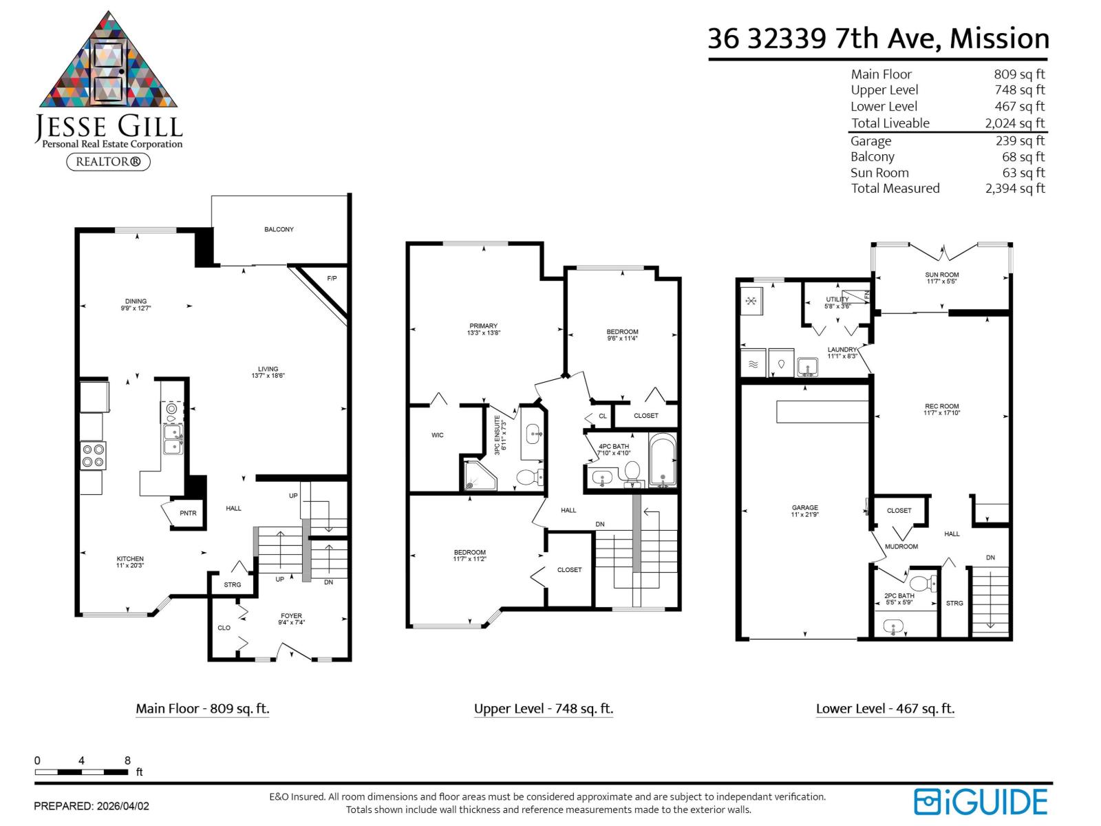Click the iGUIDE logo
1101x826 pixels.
[x=980, y=802]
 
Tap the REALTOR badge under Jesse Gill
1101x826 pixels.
[x=108, y=162]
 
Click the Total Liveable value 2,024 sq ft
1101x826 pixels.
[x=1014, y=123]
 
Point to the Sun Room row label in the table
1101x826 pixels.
[x=879, y=173]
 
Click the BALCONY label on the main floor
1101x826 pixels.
[x=279, y=229]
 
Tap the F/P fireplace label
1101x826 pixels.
[x=332, y=279]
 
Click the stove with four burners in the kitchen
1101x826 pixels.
[x=94, y=456]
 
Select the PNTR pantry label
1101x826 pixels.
[x=188, y=513]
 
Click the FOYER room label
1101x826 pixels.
[x=291, y=616]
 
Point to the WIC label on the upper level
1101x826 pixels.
[x=438, y=435]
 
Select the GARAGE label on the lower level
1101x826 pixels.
[x=804, y=508]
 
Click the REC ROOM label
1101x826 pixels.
[x=941, y=407]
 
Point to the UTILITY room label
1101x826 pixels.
[x=837, y=299]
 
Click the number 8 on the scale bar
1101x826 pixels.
[x=127, y=761]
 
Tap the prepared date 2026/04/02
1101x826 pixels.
[x=122, y=806]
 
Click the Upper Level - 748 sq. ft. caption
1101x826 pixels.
[x=543, y=709]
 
